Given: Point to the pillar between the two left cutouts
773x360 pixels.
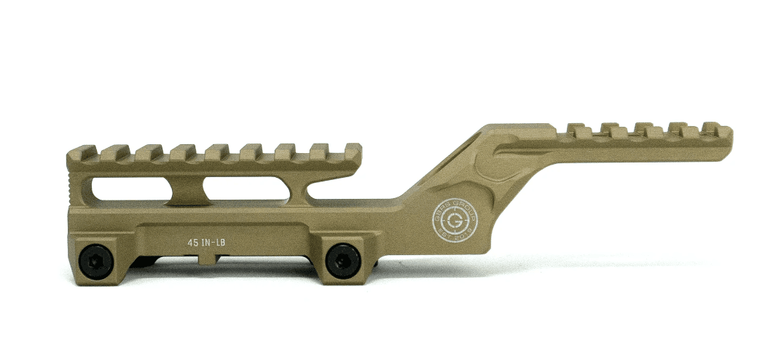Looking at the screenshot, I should coord(182,188).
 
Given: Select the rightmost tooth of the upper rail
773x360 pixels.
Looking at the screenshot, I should coord(719,130).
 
